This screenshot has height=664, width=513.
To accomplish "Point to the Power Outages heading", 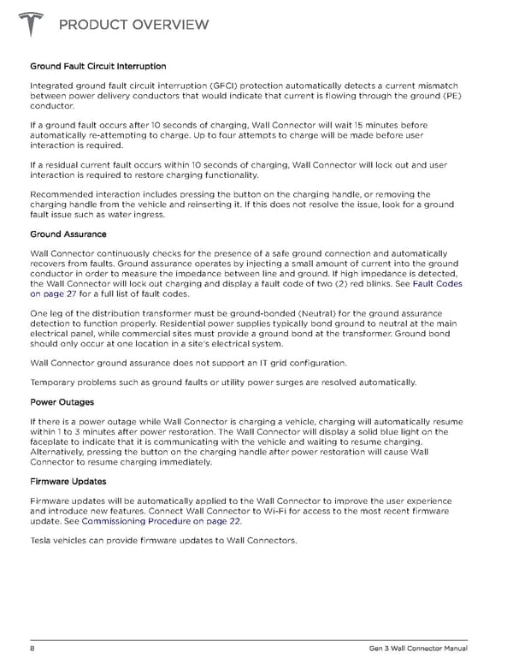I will (62, 401).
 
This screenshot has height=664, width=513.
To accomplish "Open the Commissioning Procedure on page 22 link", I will (161, 520).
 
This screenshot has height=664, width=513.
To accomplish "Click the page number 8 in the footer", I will (32, 649).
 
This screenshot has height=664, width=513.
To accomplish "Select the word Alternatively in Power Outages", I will (60, 453).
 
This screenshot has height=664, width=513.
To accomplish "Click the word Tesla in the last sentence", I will (41, 541).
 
